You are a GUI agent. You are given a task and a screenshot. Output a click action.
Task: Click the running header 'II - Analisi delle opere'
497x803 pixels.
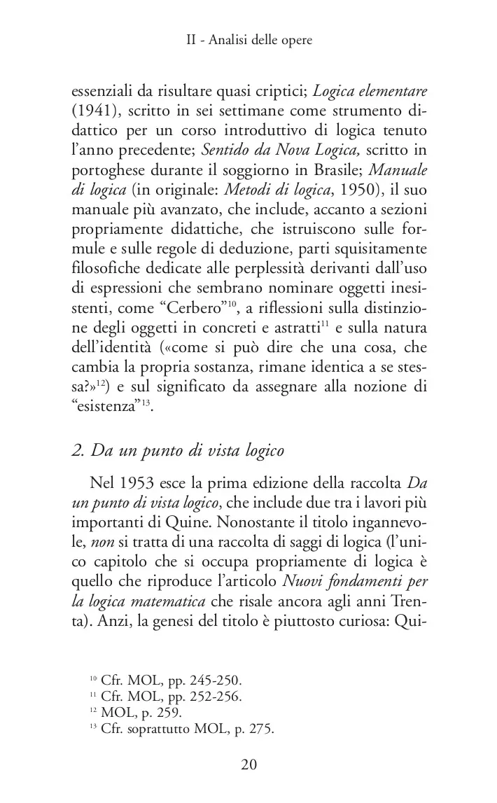click(248, 41)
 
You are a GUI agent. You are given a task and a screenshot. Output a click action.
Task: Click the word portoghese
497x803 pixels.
click(104, 170)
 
